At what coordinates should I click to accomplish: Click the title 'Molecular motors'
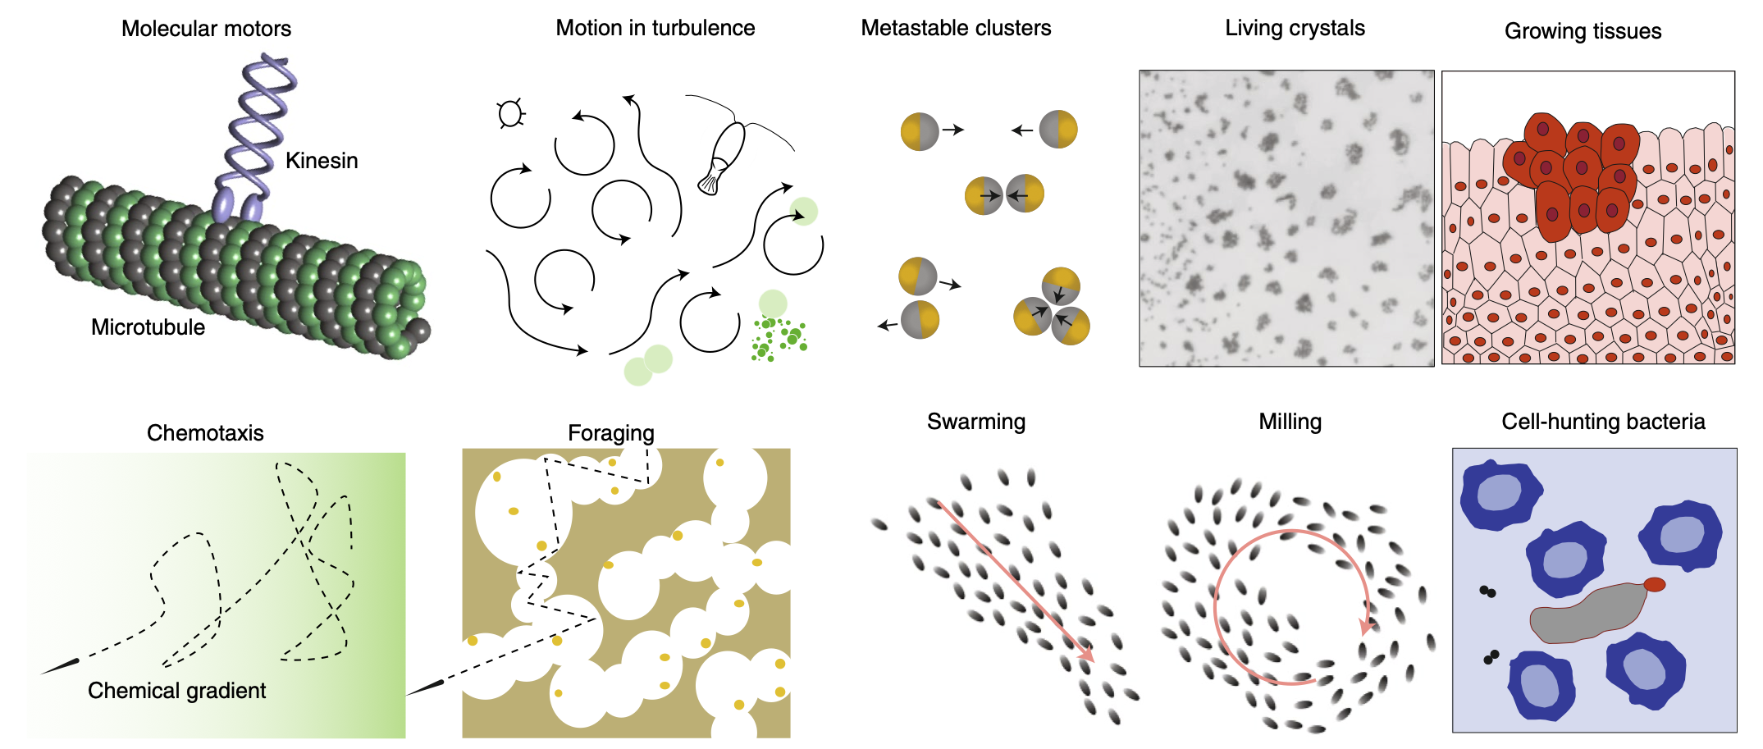click(206, 29)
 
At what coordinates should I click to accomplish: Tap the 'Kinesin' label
click(322, 161)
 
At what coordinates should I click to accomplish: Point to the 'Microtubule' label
click(148, 327)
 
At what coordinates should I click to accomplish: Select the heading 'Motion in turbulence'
click(655, 28)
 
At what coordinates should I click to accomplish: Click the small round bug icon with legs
click(510, 114)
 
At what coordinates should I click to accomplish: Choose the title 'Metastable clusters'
click(956, 28)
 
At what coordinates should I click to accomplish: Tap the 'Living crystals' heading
click(1295, 28)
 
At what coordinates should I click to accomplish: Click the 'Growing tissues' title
click(1583, 31)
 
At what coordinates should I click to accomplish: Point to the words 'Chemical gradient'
click(176, 691)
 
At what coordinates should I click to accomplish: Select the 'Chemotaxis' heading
click(205, 433)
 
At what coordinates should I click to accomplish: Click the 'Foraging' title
click(611, 433)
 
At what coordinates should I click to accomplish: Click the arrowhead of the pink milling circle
click(1366, 627)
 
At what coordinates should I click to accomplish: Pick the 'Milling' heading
click(1290, 422)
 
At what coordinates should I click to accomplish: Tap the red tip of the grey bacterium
click(1654, 584)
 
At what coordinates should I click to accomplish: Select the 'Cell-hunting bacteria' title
click(1603, 422)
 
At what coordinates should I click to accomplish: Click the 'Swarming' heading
click(976, 422)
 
